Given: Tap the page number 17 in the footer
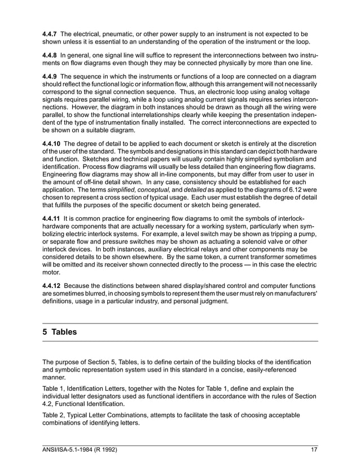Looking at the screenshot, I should [314, 449].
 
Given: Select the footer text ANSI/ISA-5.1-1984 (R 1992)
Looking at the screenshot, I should [81, 449].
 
